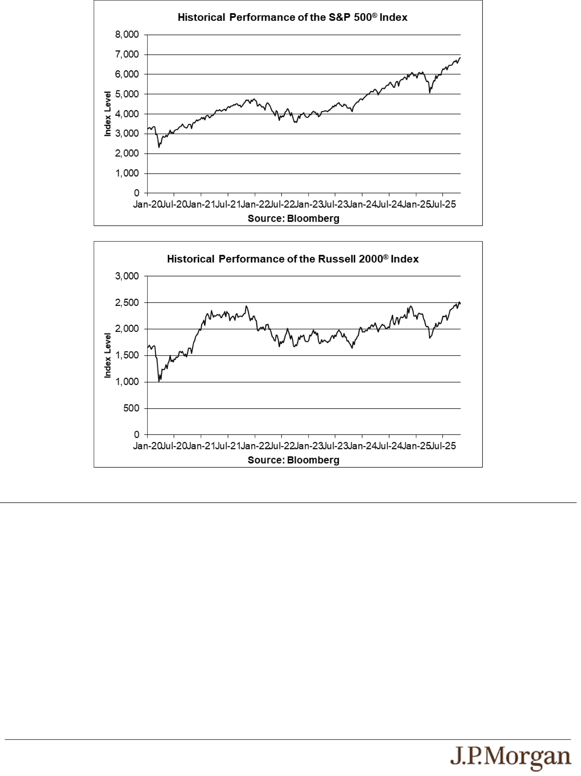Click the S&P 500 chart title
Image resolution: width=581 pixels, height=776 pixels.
(x=292, y=18)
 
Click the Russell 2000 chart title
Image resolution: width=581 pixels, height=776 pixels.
(x=292, y=259)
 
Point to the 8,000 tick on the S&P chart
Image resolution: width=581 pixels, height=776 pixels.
(x=127, y=35)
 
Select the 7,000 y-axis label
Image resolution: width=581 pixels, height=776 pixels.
(x=127, y=54)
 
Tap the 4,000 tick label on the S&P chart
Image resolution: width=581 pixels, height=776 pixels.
(x=127, y=114)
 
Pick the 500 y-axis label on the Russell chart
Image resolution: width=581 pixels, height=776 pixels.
(x=131, y=408)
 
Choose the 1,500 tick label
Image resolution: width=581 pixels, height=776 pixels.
(x=127, y=355)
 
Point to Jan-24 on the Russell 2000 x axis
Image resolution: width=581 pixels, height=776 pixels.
(x=362, y=446)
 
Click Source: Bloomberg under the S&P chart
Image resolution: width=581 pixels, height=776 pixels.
(x=293, y=219)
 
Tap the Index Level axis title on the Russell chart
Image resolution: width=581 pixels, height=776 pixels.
(x=108, y=355)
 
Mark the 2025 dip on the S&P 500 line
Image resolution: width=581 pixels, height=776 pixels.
(x=430, y=93)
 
